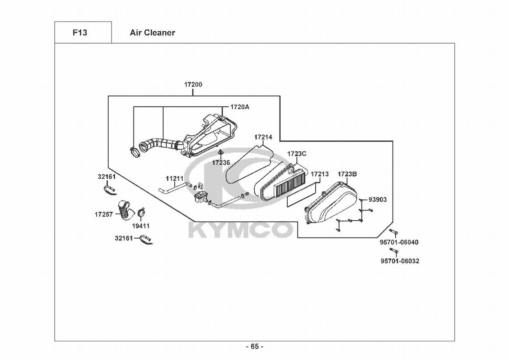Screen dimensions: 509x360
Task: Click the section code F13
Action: coord(80,33)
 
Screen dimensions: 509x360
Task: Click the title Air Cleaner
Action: coord(153,33)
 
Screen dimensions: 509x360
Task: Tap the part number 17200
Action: coord(193,85)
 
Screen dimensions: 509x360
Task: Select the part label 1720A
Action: coord(240,107)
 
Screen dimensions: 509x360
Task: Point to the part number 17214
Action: coord(263,137)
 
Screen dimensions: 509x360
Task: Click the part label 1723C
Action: coord(296,154)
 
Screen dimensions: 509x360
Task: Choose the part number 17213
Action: coord(319,174)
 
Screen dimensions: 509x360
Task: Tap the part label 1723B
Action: coord(347,174)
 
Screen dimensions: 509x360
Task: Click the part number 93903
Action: coord(377,199)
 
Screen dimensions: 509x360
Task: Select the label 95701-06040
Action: coord(399,242)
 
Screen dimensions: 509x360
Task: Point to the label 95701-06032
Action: coord(400,261)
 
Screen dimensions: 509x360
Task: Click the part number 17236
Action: coord(221,163)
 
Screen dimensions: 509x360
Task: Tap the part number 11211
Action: coord(174,179)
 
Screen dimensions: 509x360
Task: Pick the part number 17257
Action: coord(104,214)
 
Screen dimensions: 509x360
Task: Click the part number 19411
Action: coord(141,226)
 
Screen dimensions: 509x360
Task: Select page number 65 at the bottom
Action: coord(255,353)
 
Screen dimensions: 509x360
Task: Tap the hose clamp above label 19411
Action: coord(141,213)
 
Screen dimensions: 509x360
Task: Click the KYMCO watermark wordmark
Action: coord(240,230)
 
